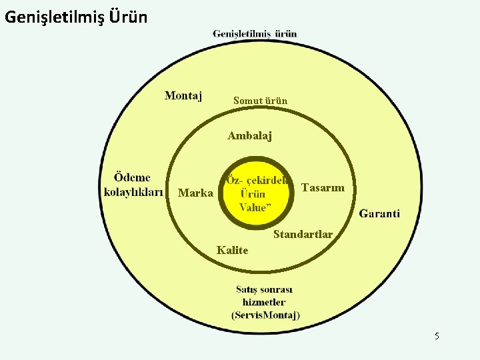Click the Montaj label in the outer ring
pyautogui.click(x=183, y=96)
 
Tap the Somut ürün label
pyautogui.click(x=260, y=101)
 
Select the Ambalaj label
pyautogui.click(x=249, y=136)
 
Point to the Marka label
pyautogui.click(x=196, y=193)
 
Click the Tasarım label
pyautogui.click(x=323, y=188)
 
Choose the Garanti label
pyautogui.click(x=379, y=214)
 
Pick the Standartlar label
pyautogui.click(x=303, y=234)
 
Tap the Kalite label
pyautogui.click(x=232, y=251)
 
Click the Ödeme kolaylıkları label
pyautogui.click(x=133, y=185)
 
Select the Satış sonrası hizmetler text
pyautogui.click(x=265, y=296)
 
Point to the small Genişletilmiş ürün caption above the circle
pyautogui.click(x=255, y=33)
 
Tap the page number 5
pyautogui.click(x=437, y=336)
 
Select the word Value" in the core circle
pyautogui.click(x=255, y=207)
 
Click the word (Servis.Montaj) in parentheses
pyautogui.click(x=265, y=315)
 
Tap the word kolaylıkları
pyautogui.click(x=133, y=193)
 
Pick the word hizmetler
pyautogui.click(x=265, y=302)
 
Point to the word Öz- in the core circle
pyautogui.click(x=235, y=180)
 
